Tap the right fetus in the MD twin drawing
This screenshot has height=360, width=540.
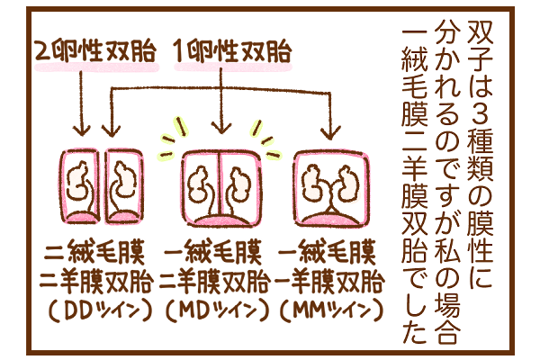(238, 184)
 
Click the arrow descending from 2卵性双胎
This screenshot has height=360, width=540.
(82, 103)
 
